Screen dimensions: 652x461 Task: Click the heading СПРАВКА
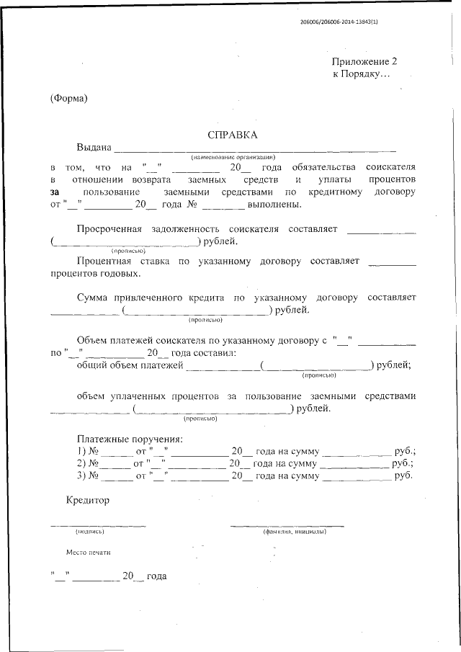pos(232,135)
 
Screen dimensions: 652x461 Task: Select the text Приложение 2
pos(364,63)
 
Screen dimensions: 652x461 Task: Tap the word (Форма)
pos(68,98)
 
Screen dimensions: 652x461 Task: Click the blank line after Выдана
pos(255,149)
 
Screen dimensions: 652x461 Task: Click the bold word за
pos(55,192)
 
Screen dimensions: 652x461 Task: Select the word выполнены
pos(274,205)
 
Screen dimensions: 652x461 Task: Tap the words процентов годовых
pos(95,273)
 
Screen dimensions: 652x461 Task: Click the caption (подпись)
pos(90,531)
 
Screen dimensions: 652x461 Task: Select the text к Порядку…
pos(361,74)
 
